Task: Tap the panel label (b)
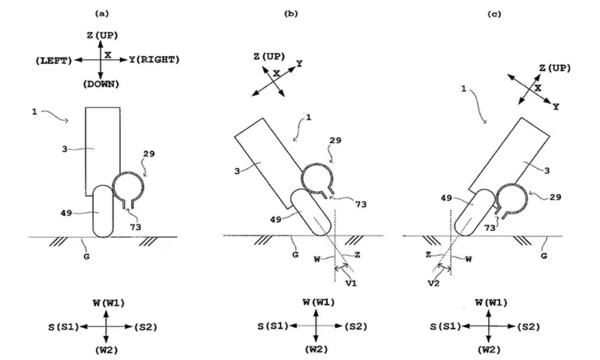click(291, 13)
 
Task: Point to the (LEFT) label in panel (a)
click(54, 58)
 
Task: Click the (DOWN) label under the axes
click(101, 83)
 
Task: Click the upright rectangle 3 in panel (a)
click(103, 150)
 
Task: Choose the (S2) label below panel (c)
click(529, 326)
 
